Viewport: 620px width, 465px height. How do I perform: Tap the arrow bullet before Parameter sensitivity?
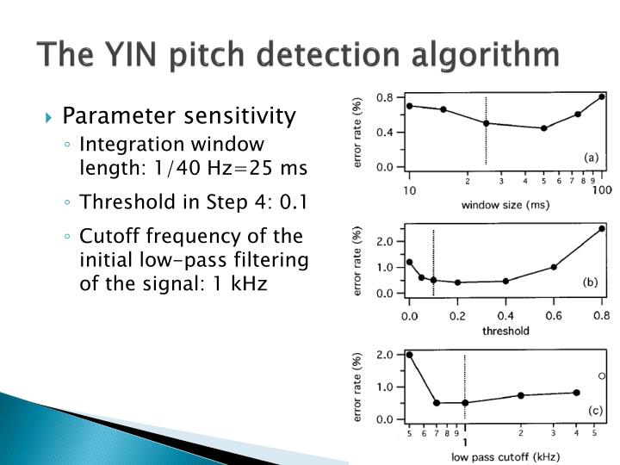(51, 116)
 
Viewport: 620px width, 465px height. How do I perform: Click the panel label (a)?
(591, 157)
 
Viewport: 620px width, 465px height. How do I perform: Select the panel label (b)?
(591, 281)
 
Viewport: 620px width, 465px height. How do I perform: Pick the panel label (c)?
(594, 410)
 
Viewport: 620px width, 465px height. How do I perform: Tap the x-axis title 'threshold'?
(506, 330)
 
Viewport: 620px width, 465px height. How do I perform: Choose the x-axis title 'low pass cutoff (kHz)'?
(505, 456)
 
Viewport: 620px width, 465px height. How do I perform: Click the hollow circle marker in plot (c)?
(602, 375)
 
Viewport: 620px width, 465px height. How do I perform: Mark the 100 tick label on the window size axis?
(601, 189)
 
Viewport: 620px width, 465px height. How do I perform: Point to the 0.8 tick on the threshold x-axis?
(601, 315)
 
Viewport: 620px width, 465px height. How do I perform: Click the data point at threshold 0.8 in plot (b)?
(602, 228)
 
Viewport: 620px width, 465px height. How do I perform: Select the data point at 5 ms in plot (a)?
(544, 128)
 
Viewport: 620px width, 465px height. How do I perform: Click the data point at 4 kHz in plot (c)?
(576, 393)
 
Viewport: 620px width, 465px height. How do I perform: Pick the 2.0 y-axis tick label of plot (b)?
(386, 241)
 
